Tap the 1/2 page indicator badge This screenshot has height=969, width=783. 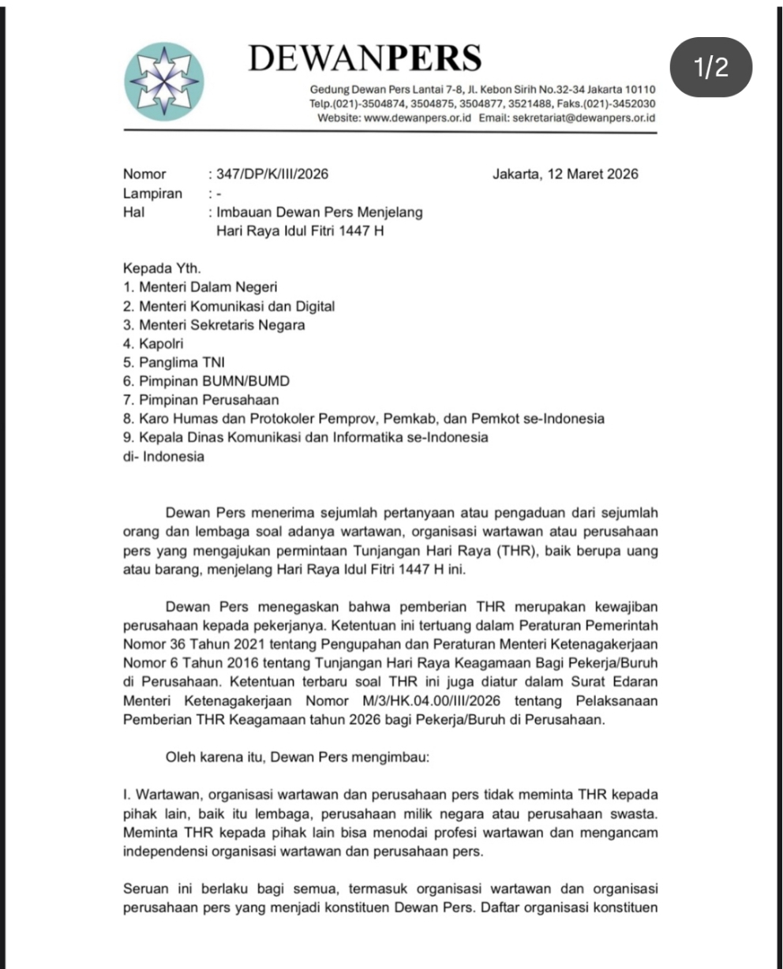711,67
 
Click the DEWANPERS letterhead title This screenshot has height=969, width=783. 364,57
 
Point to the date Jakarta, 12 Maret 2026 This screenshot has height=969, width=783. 565,174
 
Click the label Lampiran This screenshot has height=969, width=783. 152,193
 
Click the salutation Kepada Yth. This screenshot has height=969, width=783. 157,269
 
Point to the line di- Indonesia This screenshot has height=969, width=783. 163,457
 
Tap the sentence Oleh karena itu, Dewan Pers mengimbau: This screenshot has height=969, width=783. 298,758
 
